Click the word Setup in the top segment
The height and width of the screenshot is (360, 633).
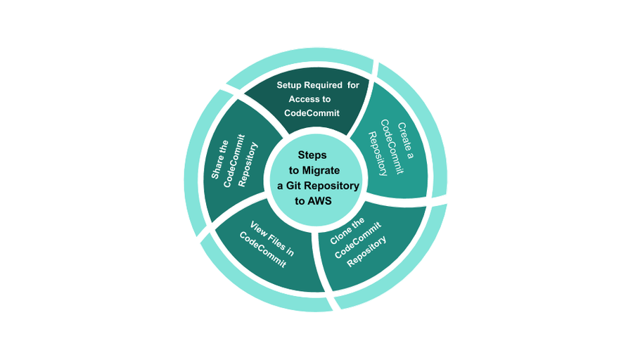click(289, 85)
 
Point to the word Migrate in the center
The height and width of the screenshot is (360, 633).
click(323, 170)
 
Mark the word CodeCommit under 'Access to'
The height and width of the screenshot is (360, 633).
click(312, 113)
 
